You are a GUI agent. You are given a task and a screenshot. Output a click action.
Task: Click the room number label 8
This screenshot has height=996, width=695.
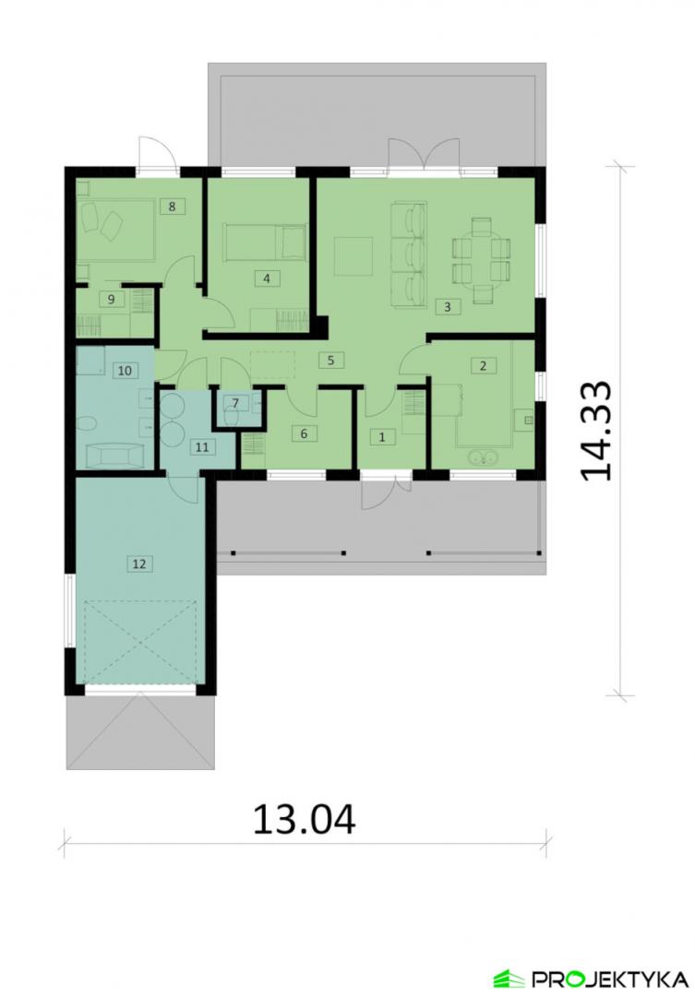click(173, 207)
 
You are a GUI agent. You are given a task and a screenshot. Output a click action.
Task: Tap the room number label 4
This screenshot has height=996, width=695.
click(267, 279)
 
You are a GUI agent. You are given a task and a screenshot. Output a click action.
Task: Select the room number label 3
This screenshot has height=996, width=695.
click(448, 307)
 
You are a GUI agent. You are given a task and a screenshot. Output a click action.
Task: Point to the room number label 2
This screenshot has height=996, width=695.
click(484, 366)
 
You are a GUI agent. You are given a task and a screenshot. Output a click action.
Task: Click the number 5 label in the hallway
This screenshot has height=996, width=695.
click(331, 361)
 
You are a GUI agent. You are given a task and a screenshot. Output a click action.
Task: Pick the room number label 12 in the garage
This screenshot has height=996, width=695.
click(139, 563)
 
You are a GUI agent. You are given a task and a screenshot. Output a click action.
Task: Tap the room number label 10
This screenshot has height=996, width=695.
click(125, 370)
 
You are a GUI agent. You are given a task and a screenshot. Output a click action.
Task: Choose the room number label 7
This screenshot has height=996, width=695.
click(235, 403)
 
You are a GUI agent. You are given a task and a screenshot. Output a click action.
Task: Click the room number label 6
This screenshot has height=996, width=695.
click(304, 433)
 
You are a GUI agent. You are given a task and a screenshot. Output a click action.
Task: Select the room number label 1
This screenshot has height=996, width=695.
click(382, 437)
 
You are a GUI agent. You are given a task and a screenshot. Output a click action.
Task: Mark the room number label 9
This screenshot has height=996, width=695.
click(112, 299)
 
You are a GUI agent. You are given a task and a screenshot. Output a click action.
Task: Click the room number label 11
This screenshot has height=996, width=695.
click(201, 447)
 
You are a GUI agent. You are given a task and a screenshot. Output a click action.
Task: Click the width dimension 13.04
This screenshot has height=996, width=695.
click(305, 820)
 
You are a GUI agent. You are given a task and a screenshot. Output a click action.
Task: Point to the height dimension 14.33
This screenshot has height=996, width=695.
click(596, 431)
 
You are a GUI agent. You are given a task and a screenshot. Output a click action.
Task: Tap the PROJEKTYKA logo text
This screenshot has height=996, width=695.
click(609, 978)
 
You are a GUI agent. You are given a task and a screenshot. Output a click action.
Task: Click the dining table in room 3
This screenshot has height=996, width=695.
click(482, 260)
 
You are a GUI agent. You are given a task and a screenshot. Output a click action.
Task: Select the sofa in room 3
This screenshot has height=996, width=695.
click(408, 255)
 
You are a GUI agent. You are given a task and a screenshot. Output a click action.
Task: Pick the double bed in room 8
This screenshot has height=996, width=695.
click(115, 230)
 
